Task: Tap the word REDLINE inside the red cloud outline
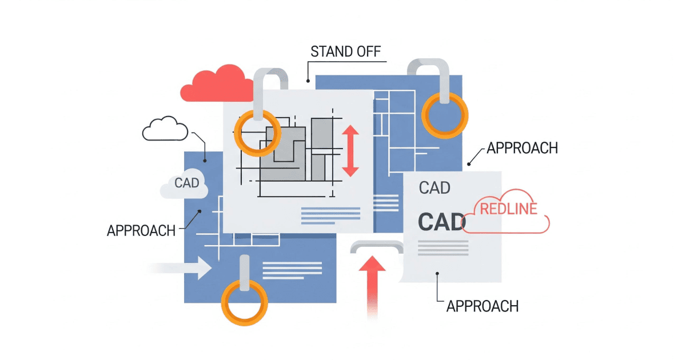coord(508,209)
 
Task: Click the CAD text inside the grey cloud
coord(186,183)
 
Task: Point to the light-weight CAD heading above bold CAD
coord(434,187)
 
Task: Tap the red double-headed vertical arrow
coord(350,151)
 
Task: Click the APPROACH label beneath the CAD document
coord(482,306)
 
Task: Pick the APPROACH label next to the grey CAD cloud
coord(141,230)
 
